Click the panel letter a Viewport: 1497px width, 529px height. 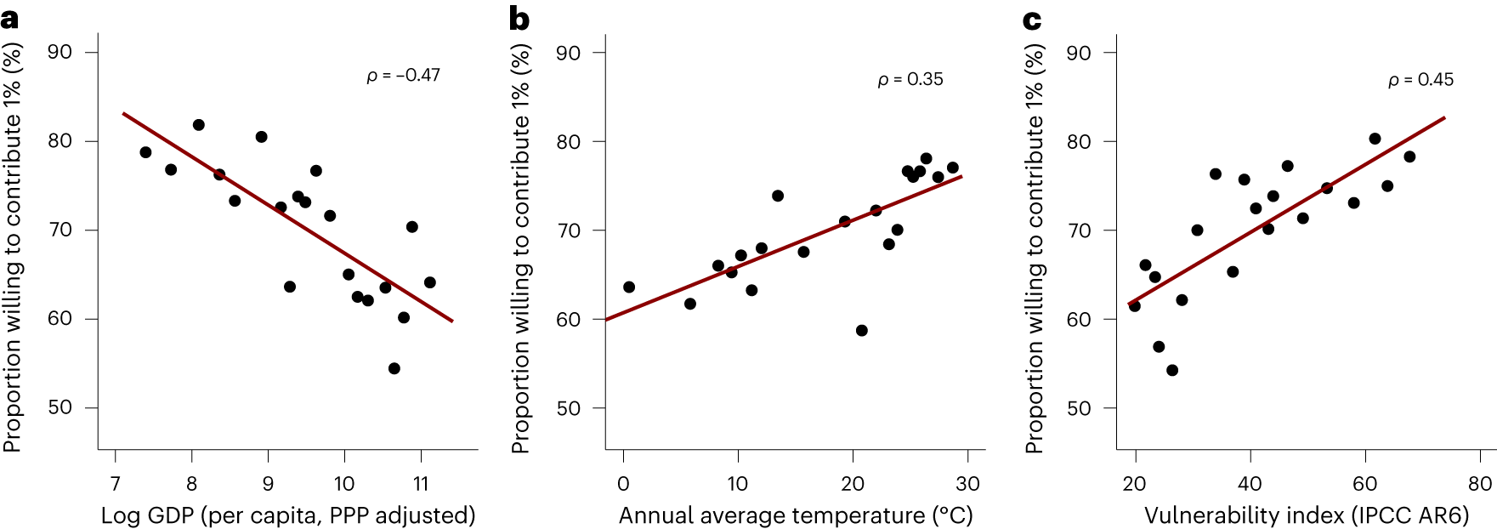pyautogui.click(x=9, y=19)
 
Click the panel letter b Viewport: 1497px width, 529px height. pyautogui.click(x=519, y=19)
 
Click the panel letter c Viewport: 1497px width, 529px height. pyautogui.click(x=1032, y=19)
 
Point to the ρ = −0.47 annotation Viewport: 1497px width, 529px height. pyautogui.click(x=403, y=76)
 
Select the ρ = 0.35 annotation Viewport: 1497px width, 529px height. pyautogui.click(x=910, y=80)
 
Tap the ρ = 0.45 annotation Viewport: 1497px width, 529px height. pyautogui.click(x=1420, y=80)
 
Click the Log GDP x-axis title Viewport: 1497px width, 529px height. pyautogui.click(x=288, y=515)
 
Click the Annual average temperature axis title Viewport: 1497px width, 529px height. pyautogui.click(x=796, y=515)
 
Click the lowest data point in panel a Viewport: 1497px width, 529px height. pyautogui.click(x=394, y=368)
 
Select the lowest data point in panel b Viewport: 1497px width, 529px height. pyautogui.click(x=861, y=330)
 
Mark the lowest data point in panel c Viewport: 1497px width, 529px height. pyautogui.click(x=1172, y=370)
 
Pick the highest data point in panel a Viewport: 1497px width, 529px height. pyautogui.click(x=198, y=125)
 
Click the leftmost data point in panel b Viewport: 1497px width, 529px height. pyautogui.click(x=629, y=287)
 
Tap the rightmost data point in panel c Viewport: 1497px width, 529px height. pyautogui.click(x=1409, y=156)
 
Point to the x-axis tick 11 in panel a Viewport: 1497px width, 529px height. pyautogui.click(x=421, y=484)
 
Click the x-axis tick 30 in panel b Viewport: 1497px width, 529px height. pyautogui.click(x=967, y=484)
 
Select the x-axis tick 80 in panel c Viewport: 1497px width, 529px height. pyautogui.click(x=1479, y=484)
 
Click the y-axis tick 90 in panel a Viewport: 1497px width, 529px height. pyautogui.click(x=60, y=53)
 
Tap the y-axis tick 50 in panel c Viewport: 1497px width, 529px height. pyautogui.click(x=1079, y=408)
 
